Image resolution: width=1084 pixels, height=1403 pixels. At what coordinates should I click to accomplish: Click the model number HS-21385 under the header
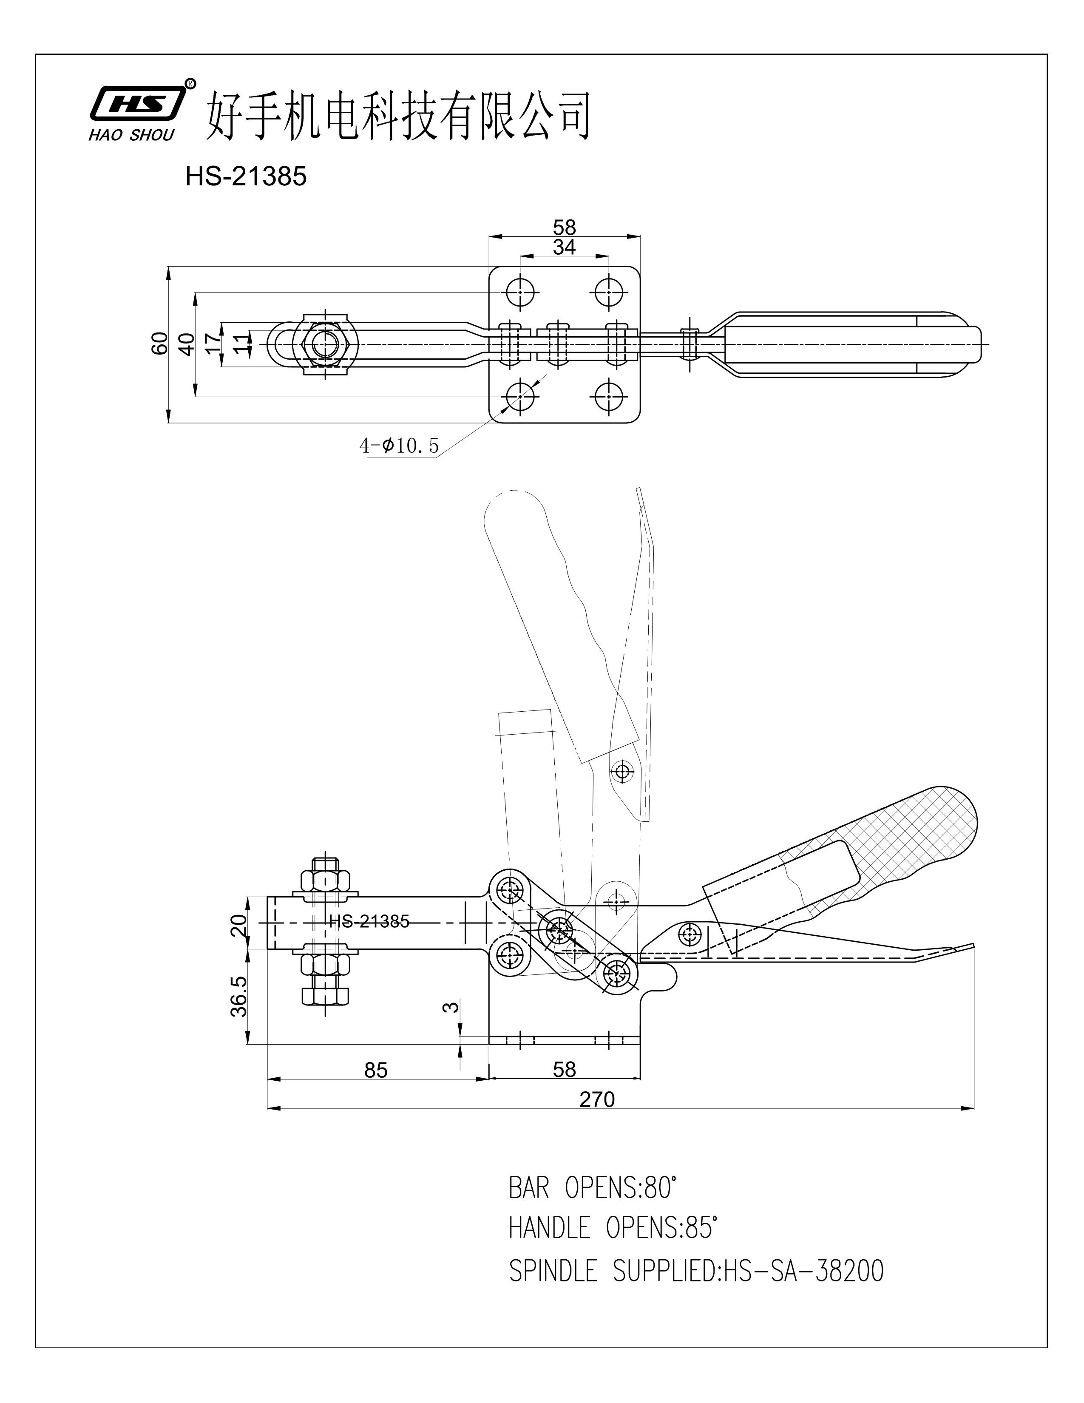(x=246, y=177)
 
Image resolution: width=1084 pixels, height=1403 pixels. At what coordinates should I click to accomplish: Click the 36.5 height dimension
(x=238, y=997)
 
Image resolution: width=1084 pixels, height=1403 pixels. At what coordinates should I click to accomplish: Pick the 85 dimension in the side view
(x=376, y=1070)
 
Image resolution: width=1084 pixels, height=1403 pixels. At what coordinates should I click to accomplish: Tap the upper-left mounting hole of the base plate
(x=519, y=293)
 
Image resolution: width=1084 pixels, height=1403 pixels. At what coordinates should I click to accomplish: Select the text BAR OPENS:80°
(x=593, y=1189)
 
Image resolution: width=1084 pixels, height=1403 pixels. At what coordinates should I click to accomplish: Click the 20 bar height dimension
(x=238, y=926)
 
